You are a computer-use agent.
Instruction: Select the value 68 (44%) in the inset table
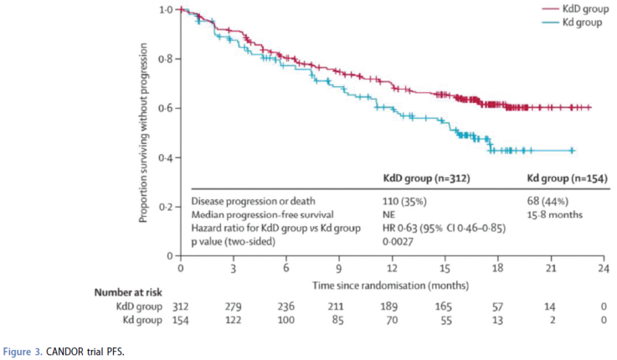pos(546,202)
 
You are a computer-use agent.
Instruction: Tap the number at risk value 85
pos(337,320)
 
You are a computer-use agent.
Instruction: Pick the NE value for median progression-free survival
pos(389,214)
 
